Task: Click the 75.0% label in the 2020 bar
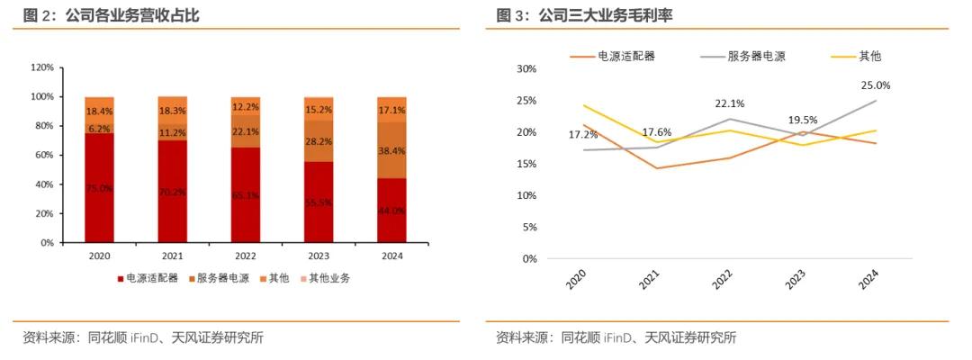pyautogui.click(x=99, y=188)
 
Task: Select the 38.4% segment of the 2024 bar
pyautogui.click(x=391, y=150)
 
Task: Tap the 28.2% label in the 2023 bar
pyautogui.click(x=319, y=141)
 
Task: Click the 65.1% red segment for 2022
pyautogui.click(x=246, y=194)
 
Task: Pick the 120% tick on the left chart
pyautogui.click(x=42, y=67)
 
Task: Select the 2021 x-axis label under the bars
pyautogui.click(x=173, y=256)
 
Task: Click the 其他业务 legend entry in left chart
pyautogui.click(x=324, y=278)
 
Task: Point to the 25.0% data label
pyautogui.click(x=875, y=85)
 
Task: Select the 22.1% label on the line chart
pyautogui.click(x=730, y=103)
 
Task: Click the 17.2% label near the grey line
pyautogui.click(x=583, y=135)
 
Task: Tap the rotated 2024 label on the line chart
pyautogui.click(x=868, y=281)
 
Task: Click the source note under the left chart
pyautogui.click(x=143, y=337)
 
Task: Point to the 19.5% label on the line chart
pyautogui.click(x=802, y=120)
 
